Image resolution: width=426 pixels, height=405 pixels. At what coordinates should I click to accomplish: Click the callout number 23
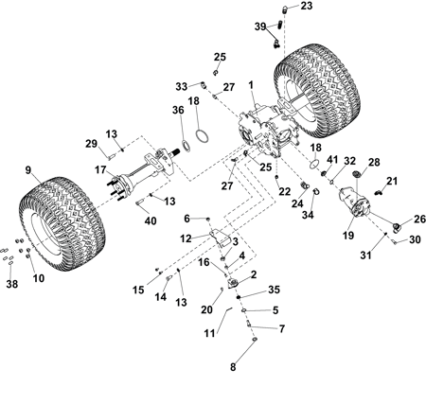click(306, 6)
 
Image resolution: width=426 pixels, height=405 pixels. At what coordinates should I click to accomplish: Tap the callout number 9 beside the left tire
click(28, 170)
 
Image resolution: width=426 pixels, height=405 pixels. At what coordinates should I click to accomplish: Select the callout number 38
click(12, 284)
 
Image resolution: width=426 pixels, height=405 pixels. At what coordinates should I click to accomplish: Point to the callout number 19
click(348, 236)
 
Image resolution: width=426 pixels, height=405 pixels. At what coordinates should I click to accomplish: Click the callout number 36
click(178, 110)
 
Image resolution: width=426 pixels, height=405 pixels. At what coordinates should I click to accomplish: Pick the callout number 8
click(233, 367)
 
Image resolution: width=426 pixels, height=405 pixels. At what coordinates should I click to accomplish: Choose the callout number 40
click(151, 220)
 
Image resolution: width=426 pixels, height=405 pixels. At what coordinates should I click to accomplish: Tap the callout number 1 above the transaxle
click(251, 85)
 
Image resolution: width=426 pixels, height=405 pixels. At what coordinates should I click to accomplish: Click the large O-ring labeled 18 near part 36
click(202, 136)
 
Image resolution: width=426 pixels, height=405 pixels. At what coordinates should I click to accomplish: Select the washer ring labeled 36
click(186, 146)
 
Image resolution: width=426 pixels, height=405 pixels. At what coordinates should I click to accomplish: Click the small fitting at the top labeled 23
click(285, 9)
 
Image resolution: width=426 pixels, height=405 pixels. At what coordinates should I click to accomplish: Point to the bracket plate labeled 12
click(220, 238)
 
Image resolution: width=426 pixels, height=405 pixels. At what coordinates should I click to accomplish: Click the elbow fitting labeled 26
click(396, 227)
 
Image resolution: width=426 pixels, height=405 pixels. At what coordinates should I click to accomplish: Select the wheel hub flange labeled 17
click(118, 186)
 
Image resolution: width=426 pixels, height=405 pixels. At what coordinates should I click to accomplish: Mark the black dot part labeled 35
click(239, 297)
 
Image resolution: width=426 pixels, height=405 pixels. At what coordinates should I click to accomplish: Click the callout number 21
click(392, 181)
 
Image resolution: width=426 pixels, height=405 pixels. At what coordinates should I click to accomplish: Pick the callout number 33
click(182, 86)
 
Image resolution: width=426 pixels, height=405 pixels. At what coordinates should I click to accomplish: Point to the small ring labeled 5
click(244, 311)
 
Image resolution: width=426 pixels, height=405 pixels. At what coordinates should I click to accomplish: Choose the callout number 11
click(210, 333)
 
